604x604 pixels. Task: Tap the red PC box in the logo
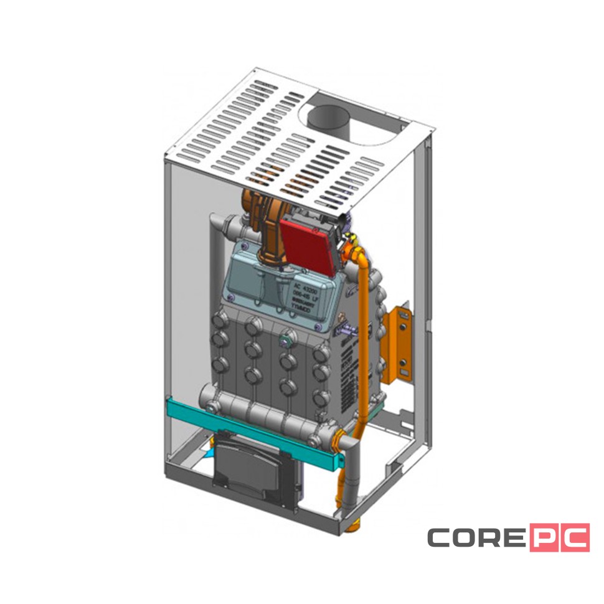(x=559, y=538)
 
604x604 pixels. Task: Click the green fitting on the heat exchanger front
(x=286, y=341)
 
